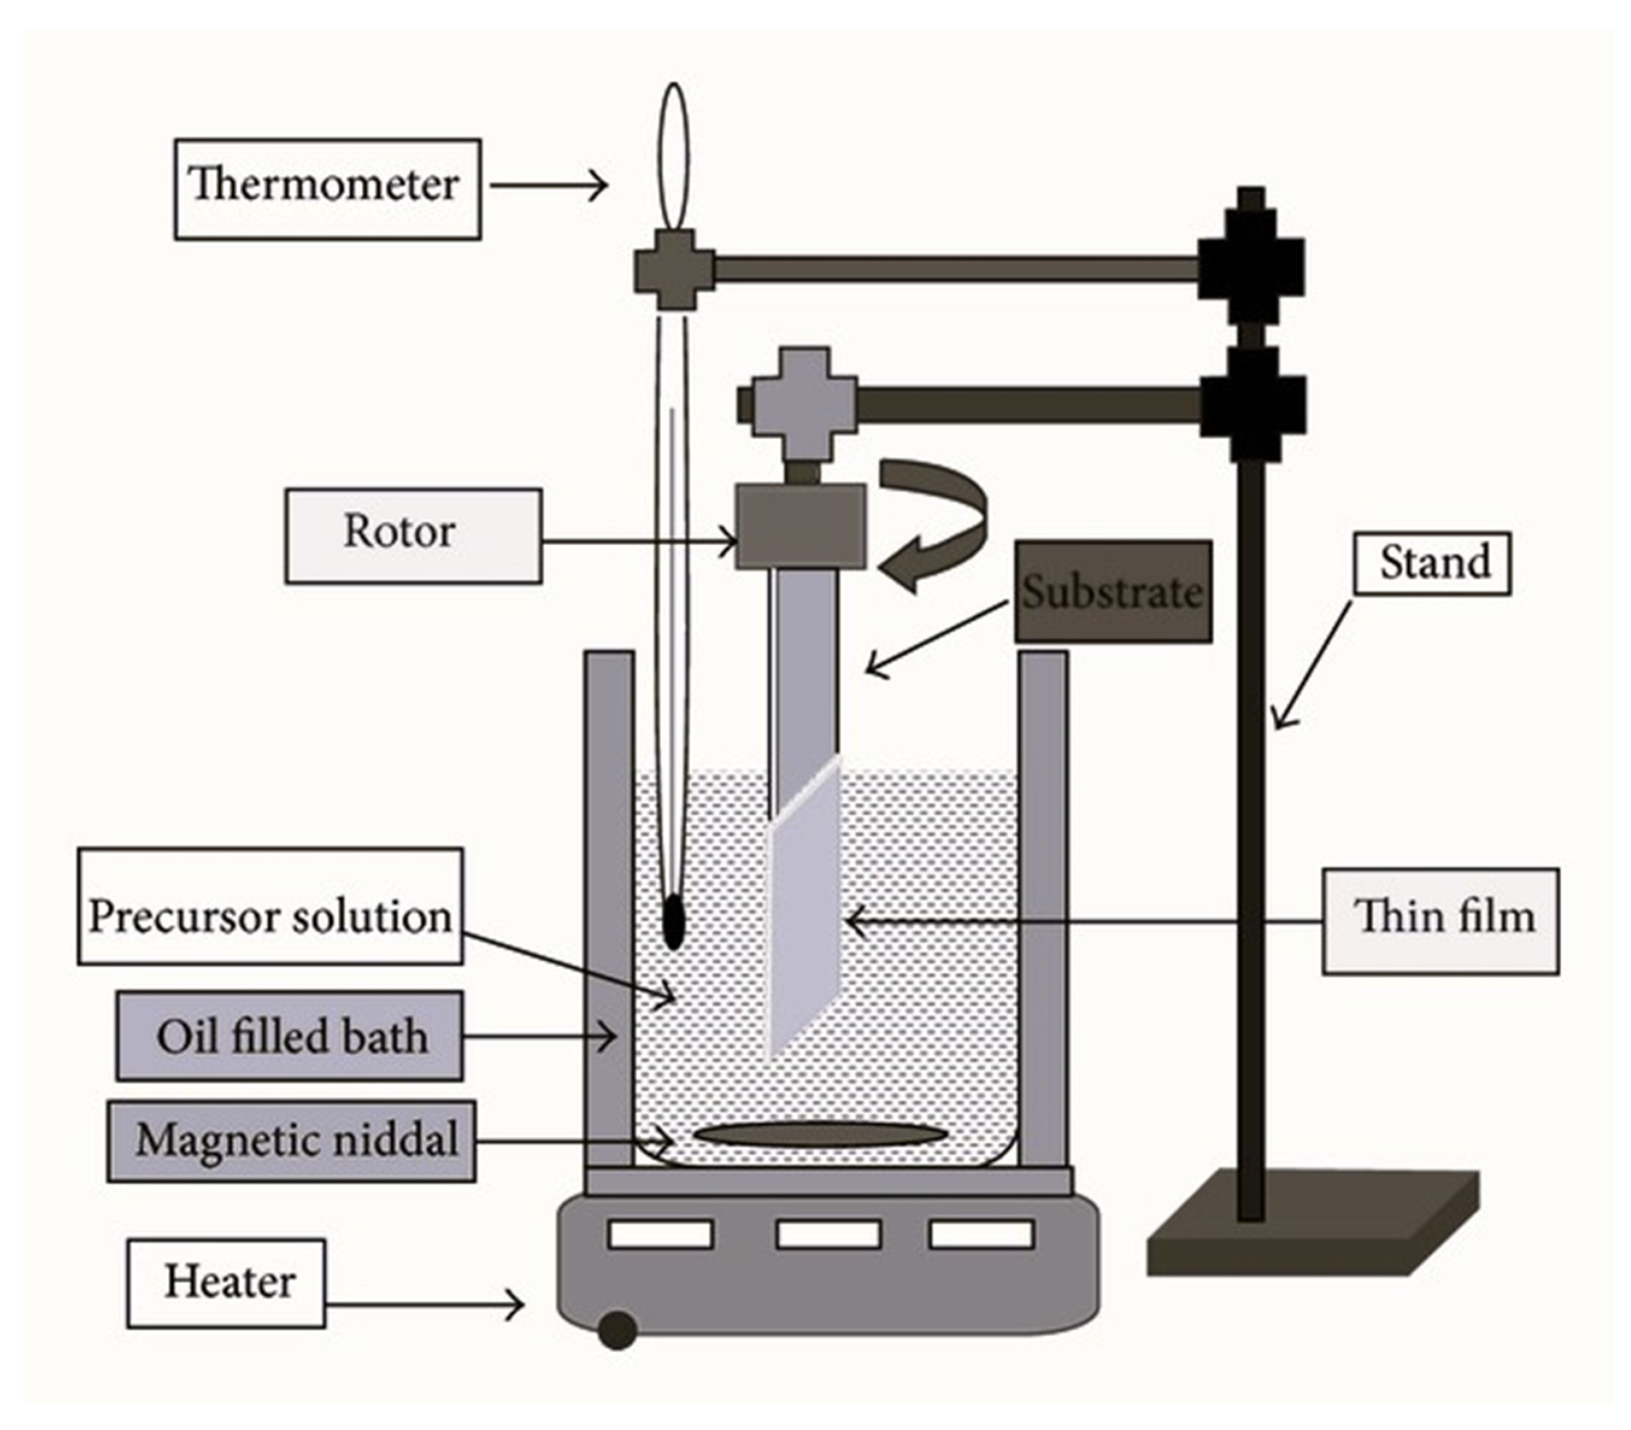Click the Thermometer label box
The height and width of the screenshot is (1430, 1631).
(328, 188)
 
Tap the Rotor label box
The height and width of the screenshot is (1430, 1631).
(413, 535)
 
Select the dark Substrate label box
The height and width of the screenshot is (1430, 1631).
(1112, 591)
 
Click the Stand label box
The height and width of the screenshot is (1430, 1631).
(1432, 563)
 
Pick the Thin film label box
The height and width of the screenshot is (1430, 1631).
(1440, 920)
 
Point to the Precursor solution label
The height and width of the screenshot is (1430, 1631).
(270, 905)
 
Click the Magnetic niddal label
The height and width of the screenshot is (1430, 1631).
(291, 1140)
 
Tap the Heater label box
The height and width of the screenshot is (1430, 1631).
(227, 1283)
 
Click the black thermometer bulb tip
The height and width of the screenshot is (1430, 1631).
(673, 922)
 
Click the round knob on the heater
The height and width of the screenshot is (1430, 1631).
(617, 1330)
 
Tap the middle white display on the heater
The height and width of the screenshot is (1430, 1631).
(828, 1234)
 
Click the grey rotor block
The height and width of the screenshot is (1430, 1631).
(800, 526)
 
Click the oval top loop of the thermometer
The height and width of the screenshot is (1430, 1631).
(673, 158)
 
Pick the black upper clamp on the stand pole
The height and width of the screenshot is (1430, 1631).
(1251, 267)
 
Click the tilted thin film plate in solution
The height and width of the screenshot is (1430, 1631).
(803, 906)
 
